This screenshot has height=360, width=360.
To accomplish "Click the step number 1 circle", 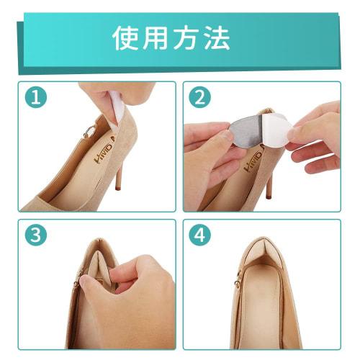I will (x=35, y=98).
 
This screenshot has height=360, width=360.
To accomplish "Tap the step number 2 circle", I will (x=199, y=98).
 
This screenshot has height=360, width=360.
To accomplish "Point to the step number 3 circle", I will (x=35, y=235).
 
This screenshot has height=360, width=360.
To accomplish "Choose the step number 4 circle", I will (x=199, y=235).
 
